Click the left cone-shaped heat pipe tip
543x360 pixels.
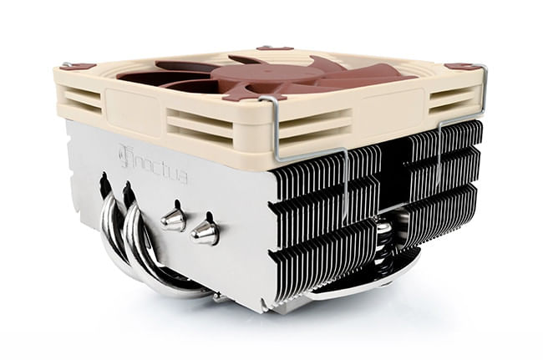tap(174, 219)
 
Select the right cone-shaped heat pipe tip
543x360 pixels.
tap(205, 231)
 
